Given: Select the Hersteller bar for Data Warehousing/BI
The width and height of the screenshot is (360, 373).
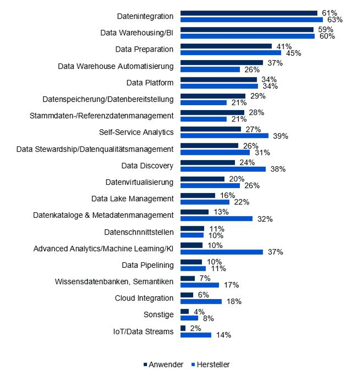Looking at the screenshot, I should [x=247, y=36].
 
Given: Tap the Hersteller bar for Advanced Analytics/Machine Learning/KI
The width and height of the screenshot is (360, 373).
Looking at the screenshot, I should [x=221, y=252].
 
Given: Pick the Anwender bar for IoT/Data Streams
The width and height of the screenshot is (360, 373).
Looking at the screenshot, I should [x=183, y=328].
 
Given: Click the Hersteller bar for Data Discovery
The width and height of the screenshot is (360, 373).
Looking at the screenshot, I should [x=222, y=169].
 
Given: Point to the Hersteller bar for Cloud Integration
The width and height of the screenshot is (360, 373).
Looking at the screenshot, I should [x=201, y=301].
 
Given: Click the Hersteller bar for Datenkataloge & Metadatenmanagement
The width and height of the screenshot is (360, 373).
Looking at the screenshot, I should [x=216, y=219].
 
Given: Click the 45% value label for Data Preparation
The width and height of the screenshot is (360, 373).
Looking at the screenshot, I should [x=290, y=53].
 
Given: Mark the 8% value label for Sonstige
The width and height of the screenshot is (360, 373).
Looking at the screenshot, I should [x=208, y=318].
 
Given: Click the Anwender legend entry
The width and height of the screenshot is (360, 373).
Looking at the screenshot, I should [x=162, y=365].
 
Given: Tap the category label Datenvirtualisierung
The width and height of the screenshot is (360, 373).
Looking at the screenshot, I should [x=140, y=182].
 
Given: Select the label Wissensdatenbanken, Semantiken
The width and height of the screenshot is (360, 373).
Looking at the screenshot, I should [x=114, y=282].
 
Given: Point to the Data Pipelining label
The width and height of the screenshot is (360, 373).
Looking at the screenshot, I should [x=147, y=265].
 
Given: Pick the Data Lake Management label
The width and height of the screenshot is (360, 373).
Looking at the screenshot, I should [x=133, y=199].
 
